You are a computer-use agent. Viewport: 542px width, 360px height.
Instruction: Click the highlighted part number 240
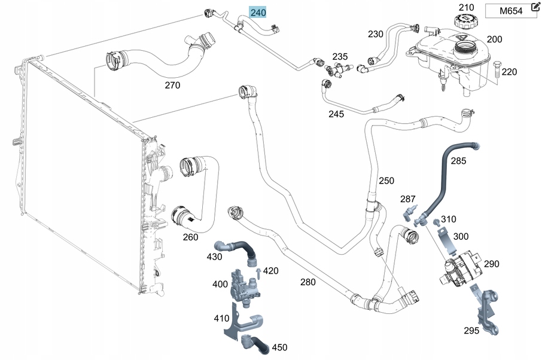coord(258,13)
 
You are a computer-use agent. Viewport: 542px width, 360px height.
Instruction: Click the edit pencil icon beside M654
coord(535,8)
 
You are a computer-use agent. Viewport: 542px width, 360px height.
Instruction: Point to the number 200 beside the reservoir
coord(494,39)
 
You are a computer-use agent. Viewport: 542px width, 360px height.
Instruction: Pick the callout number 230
coord(375,34)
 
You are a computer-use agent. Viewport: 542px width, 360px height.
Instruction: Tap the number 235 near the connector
coord(340,56)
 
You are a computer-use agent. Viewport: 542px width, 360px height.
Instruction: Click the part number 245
coord(336,114)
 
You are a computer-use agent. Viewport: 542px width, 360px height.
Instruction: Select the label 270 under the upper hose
coord(172,85)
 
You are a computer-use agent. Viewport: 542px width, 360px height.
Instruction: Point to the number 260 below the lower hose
coord(190,236)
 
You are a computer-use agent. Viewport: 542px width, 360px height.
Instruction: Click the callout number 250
coord(386,181)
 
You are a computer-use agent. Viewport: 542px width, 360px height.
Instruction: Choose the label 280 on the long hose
coord(307,282)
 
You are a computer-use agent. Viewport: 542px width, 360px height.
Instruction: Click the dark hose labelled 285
coord(446,173)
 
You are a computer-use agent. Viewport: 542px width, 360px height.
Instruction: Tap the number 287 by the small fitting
coord(407,199)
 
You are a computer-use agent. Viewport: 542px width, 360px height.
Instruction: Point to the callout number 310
coord(449,219)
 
